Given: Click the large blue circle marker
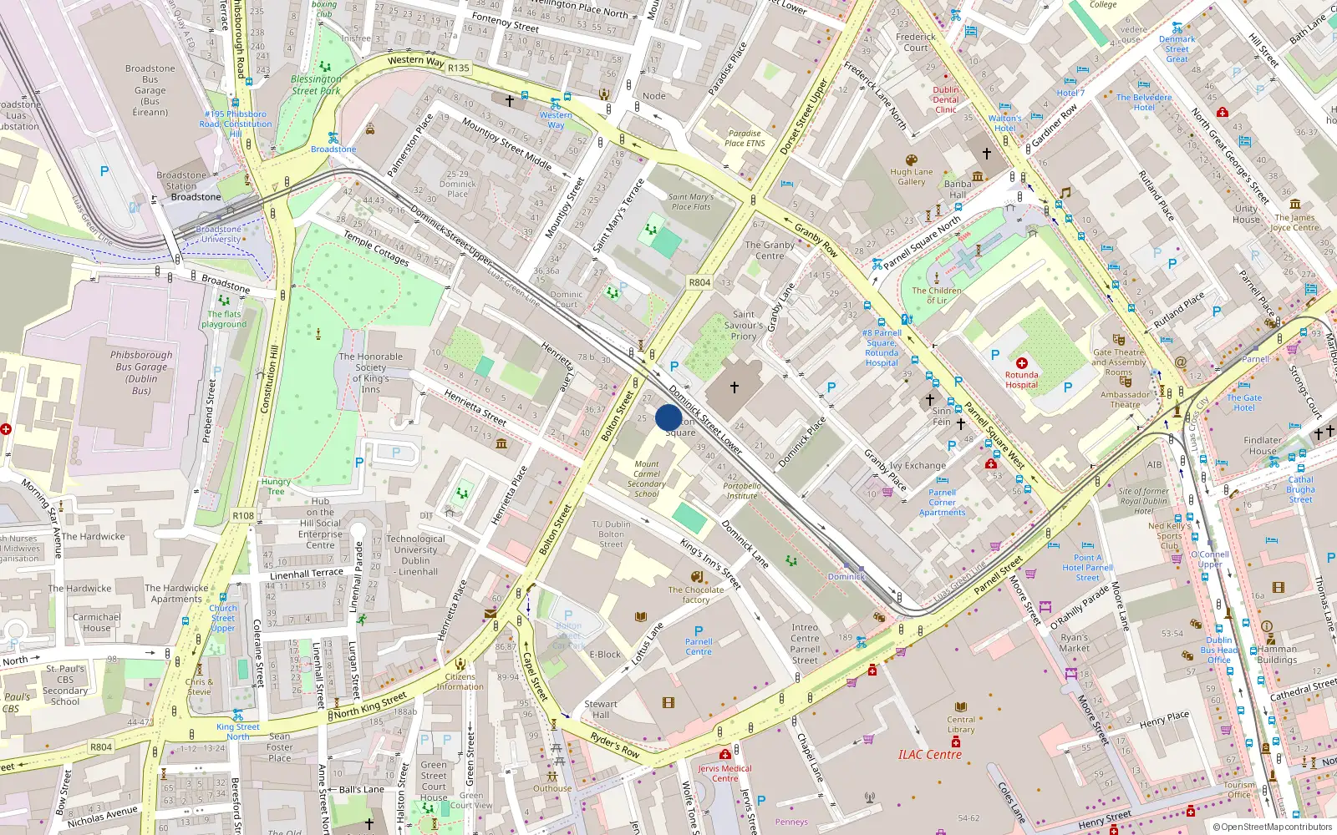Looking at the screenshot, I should (668, 417).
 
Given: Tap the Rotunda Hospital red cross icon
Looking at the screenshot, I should (1021, 363).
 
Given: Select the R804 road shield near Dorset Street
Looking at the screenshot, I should (699, 282).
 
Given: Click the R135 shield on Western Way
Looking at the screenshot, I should (459, 68).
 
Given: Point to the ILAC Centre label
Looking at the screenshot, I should (929, 755).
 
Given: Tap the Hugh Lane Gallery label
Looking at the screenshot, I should (911, 176).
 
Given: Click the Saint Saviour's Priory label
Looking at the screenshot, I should (744, 326).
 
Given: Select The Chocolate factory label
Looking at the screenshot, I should (695, 595).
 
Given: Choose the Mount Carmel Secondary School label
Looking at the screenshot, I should (646, 479).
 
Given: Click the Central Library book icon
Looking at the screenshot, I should (961, 707).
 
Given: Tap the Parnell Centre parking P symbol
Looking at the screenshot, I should (699, 631).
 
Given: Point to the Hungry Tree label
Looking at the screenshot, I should (276, 486).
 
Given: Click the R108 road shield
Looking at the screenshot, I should (243, 515).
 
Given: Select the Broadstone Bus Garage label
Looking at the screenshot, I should (150, 90).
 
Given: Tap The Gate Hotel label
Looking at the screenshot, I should (1244, 402).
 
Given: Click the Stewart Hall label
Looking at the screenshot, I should (601, 709).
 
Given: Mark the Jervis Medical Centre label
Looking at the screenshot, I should (724, 773).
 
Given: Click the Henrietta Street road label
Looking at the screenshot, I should (475, 407).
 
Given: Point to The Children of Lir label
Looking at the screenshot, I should (936, 295).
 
